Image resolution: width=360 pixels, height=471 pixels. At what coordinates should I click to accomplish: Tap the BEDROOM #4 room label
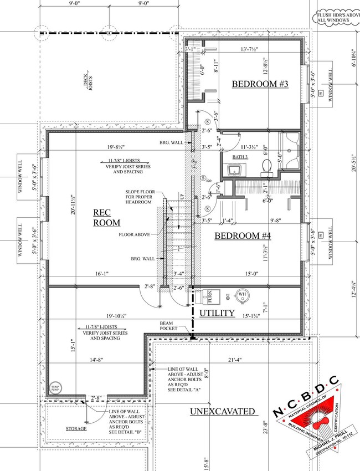[243, 235]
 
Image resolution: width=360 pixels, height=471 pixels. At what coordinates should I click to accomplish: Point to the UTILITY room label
[217, 313]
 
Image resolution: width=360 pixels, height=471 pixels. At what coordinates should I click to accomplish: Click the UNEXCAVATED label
[223, 411]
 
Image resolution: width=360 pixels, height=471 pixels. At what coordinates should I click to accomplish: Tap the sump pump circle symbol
[55, 388]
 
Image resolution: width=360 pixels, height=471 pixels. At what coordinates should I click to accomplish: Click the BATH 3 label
[240, 157]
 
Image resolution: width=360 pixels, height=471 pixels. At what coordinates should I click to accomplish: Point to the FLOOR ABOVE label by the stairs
[134, 235]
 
